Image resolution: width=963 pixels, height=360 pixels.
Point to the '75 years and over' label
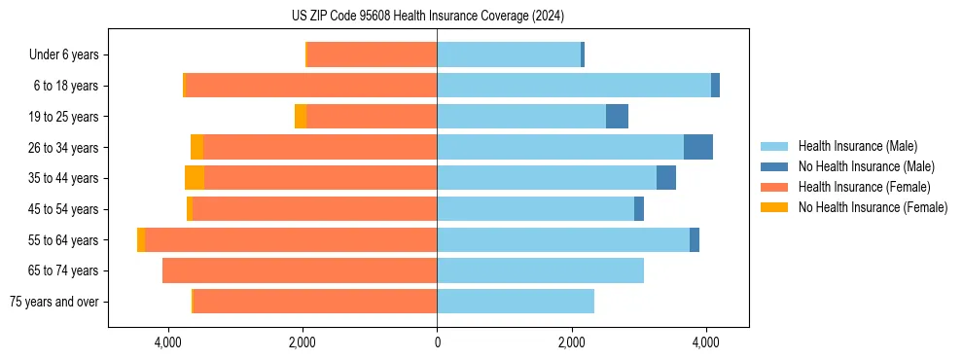pyautogui.click(x=54, y=302)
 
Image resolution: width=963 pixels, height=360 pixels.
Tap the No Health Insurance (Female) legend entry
pyautogui.click(x=873, y=207)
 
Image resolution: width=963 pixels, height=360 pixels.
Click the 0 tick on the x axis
pyautogui.click(x=437, y=343)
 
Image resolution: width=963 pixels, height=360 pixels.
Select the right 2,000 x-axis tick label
pyautogui.click(x=572, y=343)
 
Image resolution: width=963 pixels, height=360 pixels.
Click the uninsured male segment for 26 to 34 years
pyautogui.click(x=698, y=147)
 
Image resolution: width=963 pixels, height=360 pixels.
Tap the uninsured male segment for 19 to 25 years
pyautogui.click(x=617, y=117)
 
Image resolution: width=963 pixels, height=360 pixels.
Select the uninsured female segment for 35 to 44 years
pyautogui.click(x=195, y=178)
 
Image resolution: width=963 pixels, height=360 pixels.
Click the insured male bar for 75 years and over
pyautogui.click(x=516, y=302)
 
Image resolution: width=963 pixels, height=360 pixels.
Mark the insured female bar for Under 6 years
pyautogui.click(x=372, y=55)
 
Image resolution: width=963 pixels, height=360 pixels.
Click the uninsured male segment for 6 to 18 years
pyautogui.click(x=715, y=86)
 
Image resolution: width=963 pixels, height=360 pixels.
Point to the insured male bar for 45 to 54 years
pyautogui.click(x=535, y=209)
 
